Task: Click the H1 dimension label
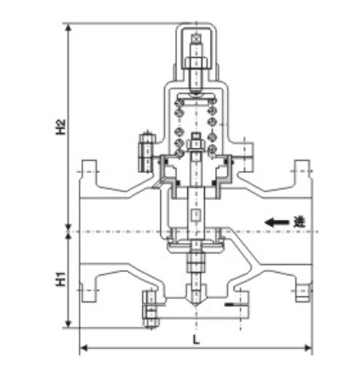tap(60, 279)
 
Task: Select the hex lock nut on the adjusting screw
tap(197, 64)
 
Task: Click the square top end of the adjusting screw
tap(197, 38)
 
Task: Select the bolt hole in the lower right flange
tap(301, 294)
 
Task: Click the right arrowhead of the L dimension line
tap(309, 347)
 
